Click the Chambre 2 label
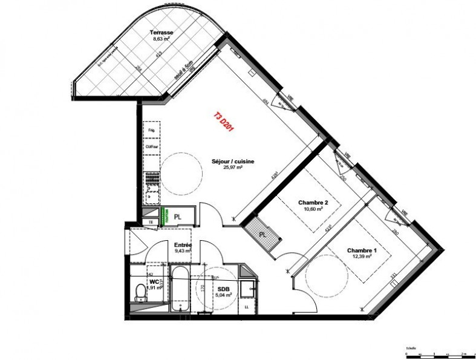pos(313,202)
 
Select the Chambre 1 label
pos(361,250)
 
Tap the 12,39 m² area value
pos(361,257)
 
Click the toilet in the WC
pos(141,295)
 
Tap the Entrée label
pos(183,244)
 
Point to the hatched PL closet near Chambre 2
pos(262,234)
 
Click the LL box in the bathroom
pos(246,308)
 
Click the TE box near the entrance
pos(151,222)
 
